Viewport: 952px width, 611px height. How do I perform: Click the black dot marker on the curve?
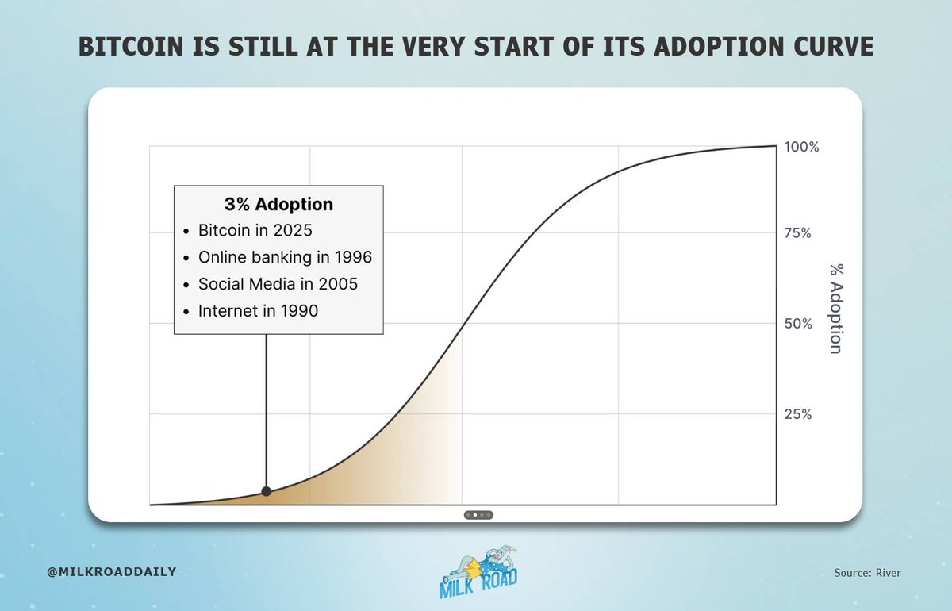[x=266, y=491]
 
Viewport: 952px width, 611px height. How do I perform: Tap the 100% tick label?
[x=801, y=147]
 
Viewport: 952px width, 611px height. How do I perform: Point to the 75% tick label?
[x=797, y=233]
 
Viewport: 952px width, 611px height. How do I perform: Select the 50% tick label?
[x=797, y=324]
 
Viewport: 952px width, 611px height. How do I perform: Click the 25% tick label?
[x=797, y=414]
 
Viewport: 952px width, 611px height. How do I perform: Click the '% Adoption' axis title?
[x=835, y=309]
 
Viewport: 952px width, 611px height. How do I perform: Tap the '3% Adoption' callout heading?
[x=278, y=205]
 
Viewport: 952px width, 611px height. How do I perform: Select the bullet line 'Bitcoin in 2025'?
[x=255, y=232]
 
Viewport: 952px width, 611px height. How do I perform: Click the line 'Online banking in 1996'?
[x=285, y=258]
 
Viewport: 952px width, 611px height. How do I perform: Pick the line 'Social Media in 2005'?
[x=278, y=284]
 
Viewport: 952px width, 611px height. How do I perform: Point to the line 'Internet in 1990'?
[x=258, y=311]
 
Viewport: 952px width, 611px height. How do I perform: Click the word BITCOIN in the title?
[x=129, y=47]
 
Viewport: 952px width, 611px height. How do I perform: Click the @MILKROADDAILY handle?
[x=112, y=571]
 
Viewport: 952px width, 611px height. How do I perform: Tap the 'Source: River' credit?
[x=867, y=572]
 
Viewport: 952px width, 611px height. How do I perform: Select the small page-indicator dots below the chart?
[x=478, y=515]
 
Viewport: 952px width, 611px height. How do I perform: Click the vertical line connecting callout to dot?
[x=266, y=413]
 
